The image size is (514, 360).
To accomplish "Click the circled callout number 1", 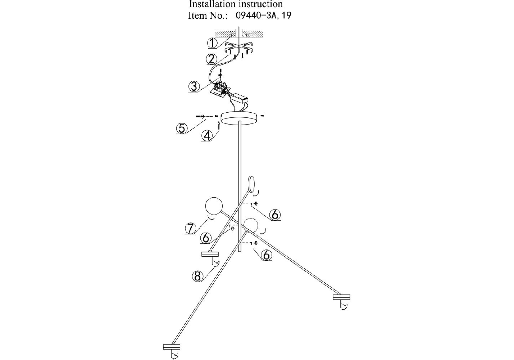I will coord(213,43).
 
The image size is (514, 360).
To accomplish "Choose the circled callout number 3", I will coord(194,86).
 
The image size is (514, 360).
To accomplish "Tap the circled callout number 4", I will coord(207,135).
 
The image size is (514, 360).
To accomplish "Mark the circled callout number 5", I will coord(182,128).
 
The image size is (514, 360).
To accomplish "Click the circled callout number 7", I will coord(191,228).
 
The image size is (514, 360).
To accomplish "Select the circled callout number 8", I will coord(197,276).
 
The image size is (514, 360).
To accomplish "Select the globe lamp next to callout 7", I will coord(213,206).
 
